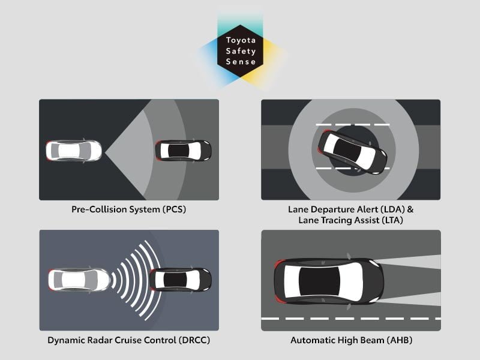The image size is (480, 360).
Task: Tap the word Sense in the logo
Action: [x=241, y=62]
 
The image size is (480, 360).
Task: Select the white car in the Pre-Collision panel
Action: [x=74, y=150]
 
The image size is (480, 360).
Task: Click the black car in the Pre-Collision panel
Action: [x=183, y=150]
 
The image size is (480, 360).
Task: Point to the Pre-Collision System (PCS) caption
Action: [x=128, y=211]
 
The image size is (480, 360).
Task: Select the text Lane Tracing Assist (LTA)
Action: [x=350, y=221]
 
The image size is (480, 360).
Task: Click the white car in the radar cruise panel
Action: [x=78, y=280]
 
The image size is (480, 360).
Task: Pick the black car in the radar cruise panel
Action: [x=180, y=280]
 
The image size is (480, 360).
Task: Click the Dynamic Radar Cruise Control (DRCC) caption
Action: [x=128, y=340]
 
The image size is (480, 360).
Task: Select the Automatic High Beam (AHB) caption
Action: [x=351, y=340]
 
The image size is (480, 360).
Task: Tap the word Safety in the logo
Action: [x=241, y=52]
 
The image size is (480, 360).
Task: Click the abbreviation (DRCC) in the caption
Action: [x=192, y=340]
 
